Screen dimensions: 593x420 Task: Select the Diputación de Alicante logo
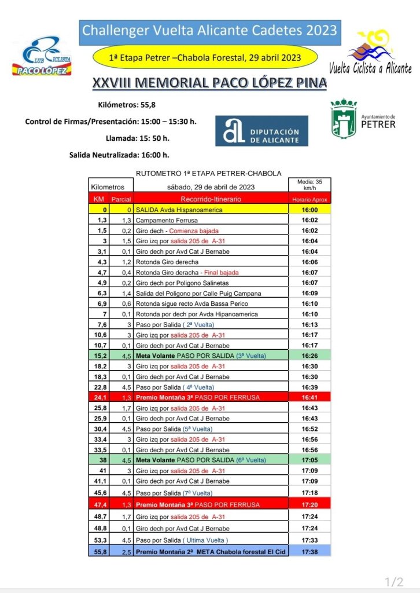click(x=261, y=131)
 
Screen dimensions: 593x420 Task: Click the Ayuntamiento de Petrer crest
click(x=344, y=119)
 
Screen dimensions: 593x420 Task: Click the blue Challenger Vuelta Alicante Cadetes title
click(x=209, y=31)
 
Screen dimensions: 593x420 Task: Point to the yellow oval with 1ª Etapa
click(x=205, y=58)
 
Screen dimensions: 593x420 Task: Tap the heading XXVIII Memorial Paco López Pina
click(x=209, y=83)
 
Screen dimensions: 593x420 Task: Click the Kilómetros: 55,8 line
click(x=127, y=105)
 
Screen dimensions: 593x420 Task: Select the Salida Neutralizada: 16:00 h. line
click(x=119, y=155)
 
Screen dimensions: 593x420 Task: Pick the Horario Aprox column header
click(x=310, y=199)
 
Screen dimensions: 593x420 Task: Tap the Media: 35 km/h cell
click(x=310, y=185)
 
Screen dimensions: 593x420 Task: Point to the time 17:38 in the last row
click(x=310, y=552)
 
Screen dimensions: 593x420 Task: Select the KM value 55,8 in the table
click(x=99, y=552)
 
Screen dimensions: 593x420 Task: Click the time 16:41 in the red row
click(x=310, y=397)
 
